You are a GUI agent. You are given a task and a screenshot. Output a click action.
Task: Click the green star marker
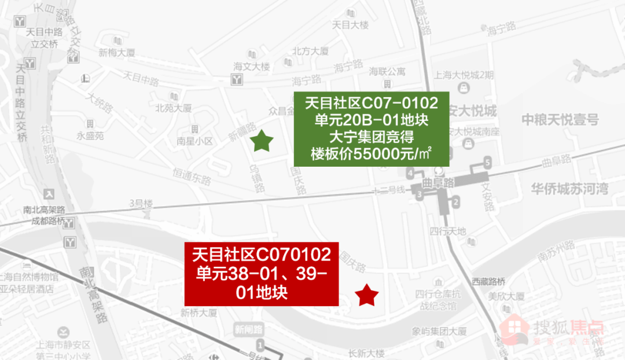point(262,141)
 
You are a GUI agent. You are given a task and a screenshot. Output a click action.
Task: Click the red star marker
point(366,296)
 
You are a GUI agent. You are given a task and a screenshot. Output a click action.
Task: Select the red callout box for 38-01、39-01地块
point(261,274)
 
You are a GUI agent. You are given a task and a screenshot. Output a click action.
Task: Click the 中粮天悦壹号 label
point(560,120)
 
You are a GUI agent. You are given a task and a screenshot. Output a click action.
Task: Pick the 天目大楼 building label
point(350,25)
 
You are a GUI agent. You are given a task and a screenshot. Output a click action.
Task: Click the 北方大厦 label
point(310,51)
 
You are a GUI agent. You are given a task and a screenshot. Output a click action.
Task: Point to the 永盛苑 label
point(90,137)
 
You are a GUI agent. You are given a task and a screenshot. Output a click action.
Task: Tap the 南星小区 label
point(195,141)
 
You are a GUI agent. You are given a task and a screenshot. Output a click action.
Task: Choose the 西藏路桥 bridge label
point(488,282)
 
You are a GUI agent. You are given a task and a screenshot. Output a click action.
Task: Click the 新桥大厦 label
point(198,313)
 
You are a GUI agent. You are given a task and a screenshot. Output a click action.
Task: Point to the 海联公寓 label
point(387,72)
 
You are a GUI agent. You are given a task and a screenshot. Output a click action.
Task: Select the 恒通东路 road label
point(191,176)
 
